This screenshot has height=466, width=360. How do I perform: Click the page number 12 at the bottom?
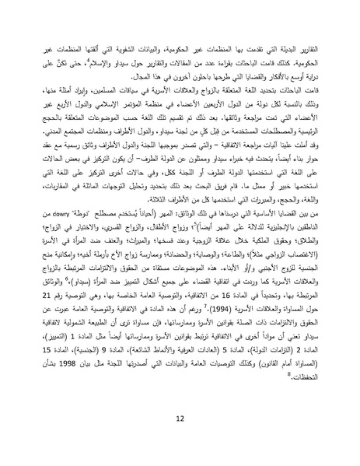[x=180, y=418]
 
